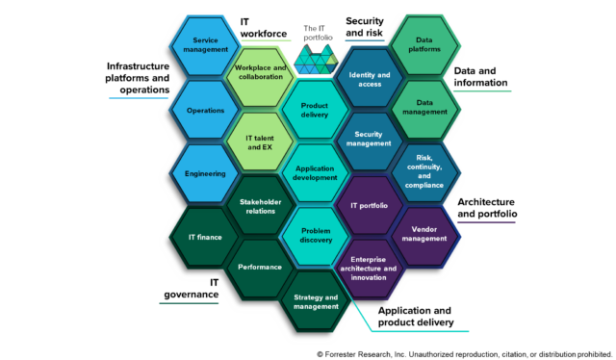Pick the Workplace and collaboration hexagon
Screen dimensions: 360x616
pyautogui.click(x=259, y=78)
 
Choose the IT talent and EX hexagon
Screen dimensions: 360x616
pyautogui.click(x=259, y=142)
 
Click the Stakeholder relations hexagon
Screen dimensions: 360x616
pyautogui.click(x=259, y=207)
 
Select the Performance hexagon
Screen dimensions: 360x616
pyautogui.click(x=259, y=267)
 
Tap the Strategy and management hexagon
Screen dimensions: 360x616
pyautogui.click(x=315, y=302)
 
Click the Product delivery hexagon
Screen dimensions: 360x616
pyautogui.click(x=315, y=110)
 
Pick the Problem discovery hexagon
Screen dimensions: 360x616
pyautogui.click(x=315, y=238)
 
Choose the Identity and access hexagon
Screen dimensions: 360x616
pyautogui.click(x=370, y=78)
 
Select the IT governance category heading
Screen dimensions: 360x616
pyautogui.click(x=188, y=288)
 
